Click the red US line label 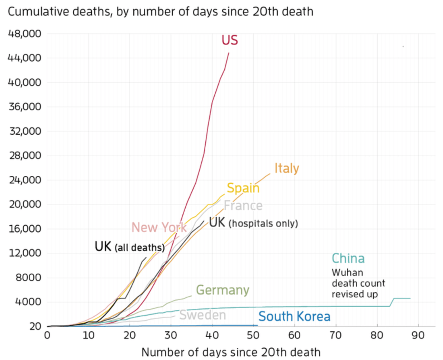point(230,40)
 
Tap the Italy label point(287,168)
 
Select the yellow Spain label point(243,188)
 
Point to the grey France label point(243,205)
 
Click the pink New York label point(159,227)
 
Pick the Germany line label point(223,290)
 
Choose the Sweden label point(202,315)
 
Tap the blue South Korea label point(294,317)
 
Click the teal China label point(348,259)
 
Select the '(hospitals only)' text point(263,224)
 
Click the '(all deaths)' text point(139,248)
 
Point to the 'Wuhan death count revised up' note point(358,283)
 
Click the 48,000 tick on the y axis point(25,34)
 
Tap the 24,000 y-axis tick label point(25,180)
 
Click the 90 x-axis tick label point(418,335)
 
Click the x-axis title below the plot point(231,352)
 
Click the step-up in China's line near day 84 point(392,302)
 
